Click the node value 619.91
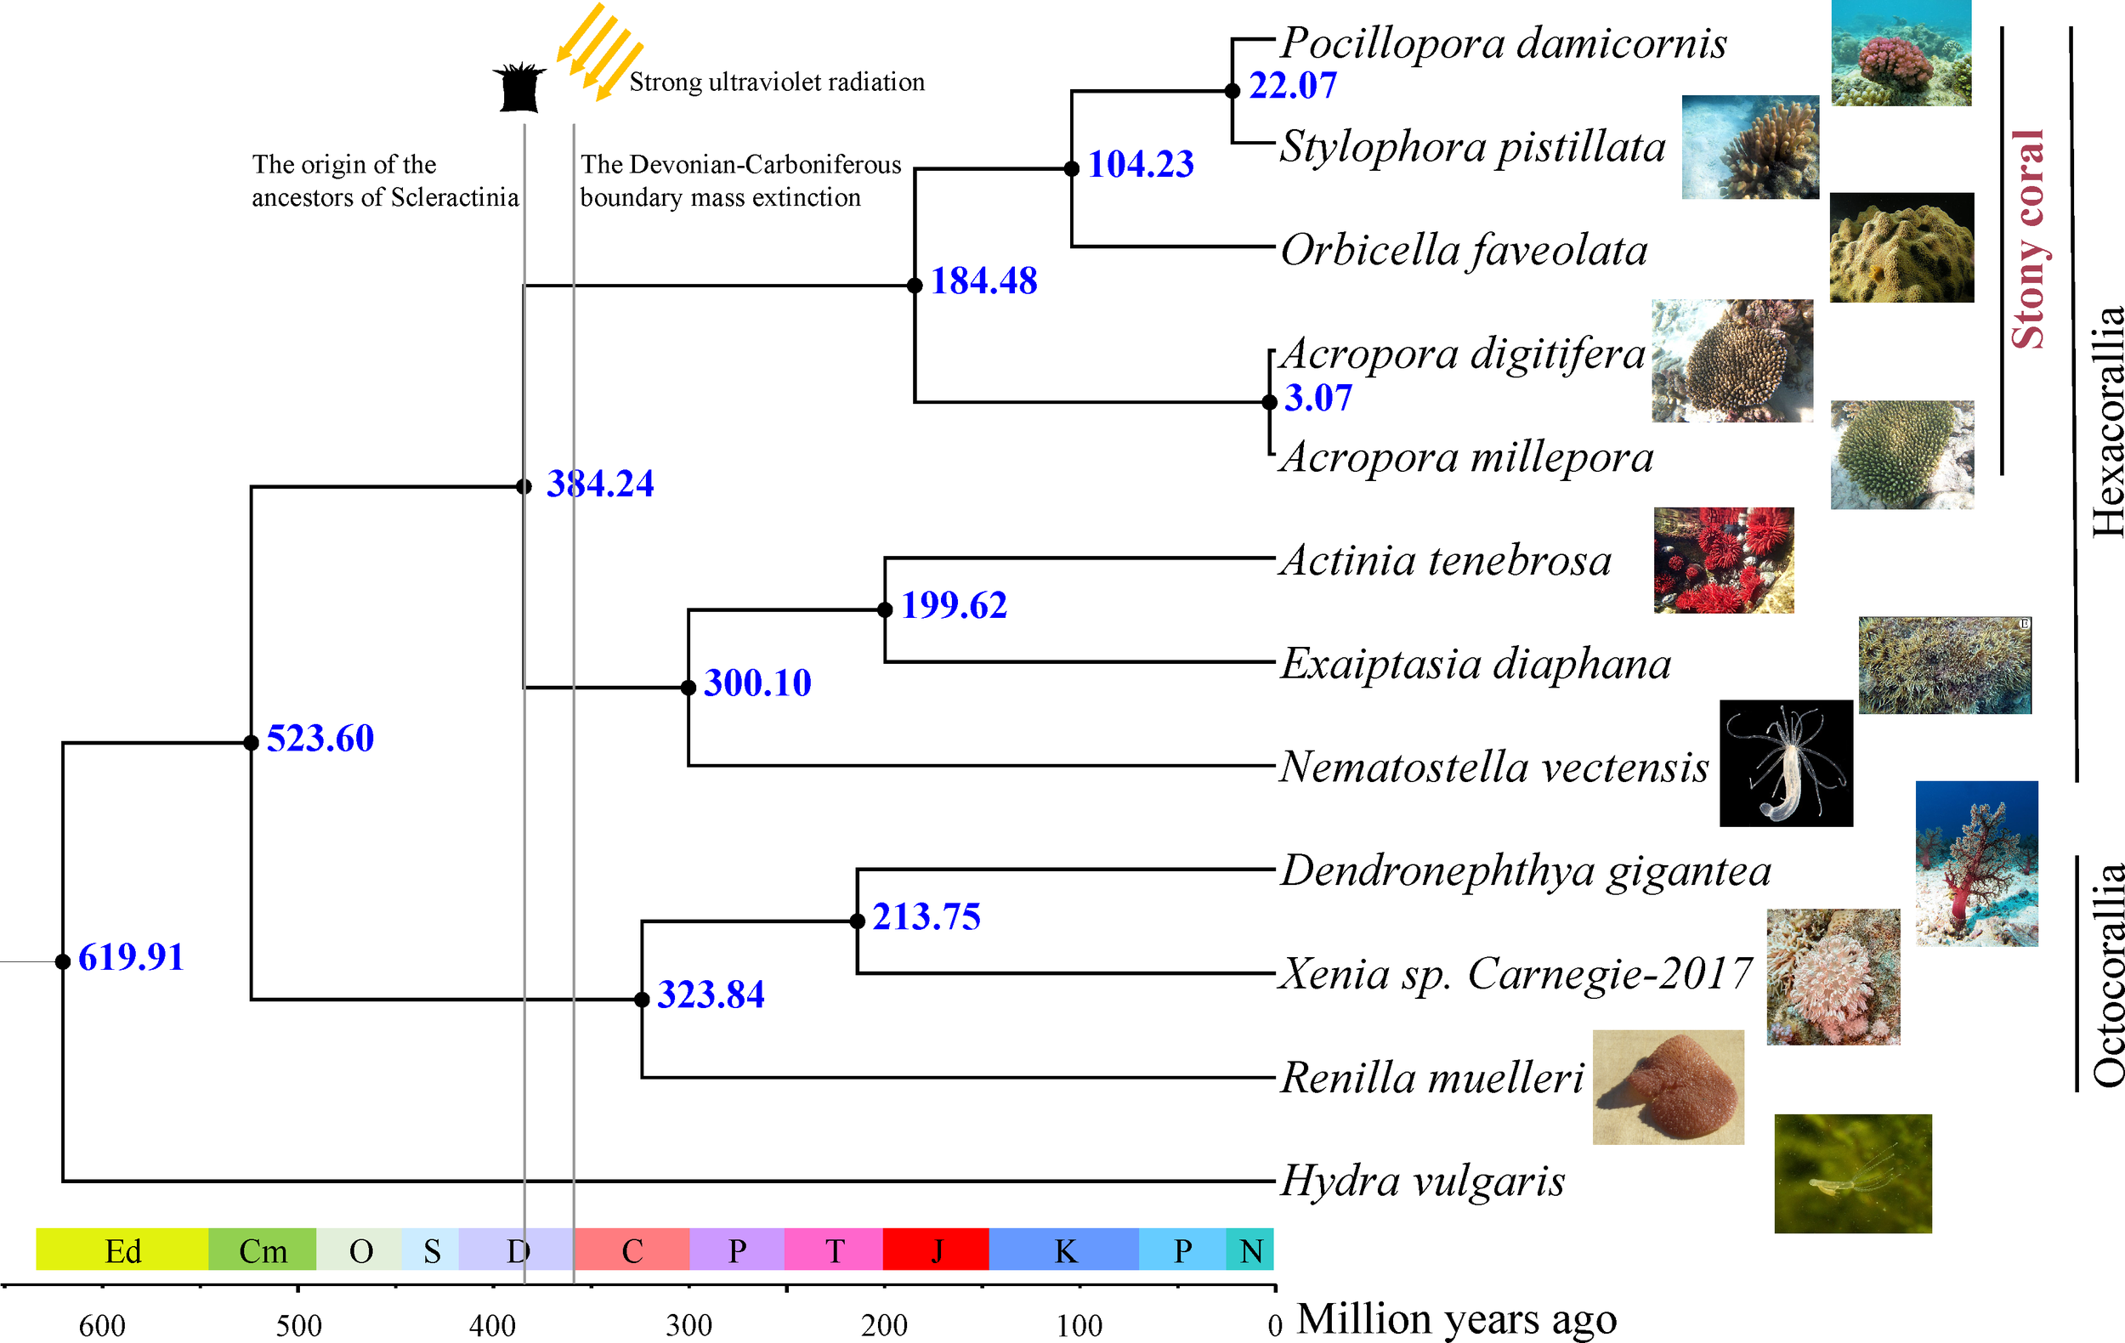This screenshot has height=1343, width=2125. tap(131, 957)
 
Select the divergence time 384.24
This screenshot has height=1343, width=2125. tap(600, 484)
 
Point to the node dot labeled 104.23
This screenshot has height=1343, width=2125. tap(1071, 168)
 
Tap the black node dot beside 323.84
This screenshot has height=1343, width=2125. tap(643, 999)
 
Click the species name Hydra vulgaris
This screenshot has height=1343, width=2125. tap(1423, 1181)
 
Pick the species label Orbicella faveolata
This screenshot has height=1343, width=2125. tap(1463, 251)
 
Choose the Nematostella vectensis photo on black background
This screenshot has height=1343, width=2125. tap(1785, 763)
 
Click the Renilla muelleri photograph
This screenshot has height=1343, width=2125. tap(1668, 1086)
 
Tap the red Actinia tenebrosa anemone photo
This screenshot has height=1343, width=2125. tap(1723, 560)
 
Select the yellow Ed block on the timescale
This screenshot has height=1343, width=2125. tap(122, 1249)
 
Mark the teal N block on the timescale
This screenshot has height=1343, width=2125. tap(1249, 1249)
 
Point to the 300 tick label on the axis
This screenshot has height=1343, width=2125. tap(688, 1324)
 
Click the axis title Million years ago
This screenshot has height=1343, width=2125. tap(1456, 1319)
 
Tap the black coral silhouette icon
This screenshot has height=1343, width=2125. tap(518, 88)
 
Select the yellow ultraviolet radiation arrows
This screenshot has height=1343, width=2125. tap(598, 51)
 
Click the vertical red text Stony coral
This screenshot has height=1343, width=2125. tap(2028, 238)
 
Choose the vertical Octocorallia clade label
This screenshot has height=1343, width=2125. tap(2107, 973)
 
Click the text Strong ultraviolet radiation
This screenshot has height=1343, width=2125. tap(777, 82)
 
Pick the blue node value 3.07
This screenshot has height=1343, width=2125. tap(1317, 398)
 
